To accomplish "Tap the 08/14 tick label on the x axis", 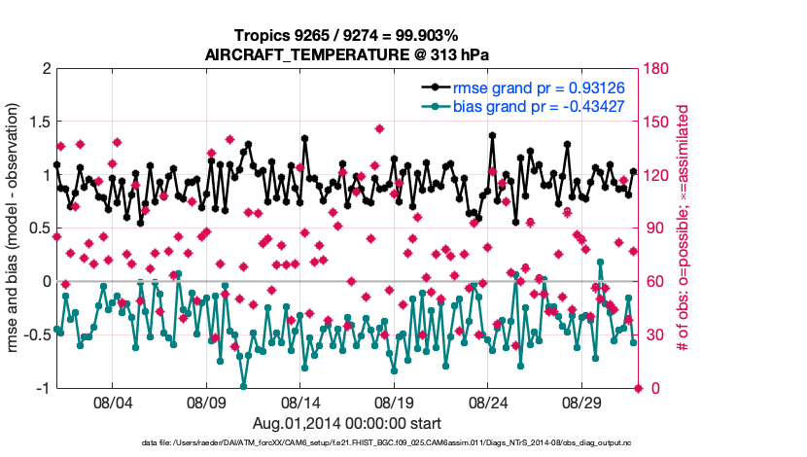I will pos(300,403).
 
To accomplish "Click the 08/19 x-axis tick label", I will pos(395,403).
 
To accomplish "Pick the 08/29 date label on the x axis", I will pos(584,403).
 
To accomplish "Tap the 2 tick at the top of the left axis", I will pos(45,69).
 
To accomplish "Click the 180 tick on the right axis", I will pos(656,69).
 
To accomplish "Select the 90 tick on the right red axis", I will pos(652,228).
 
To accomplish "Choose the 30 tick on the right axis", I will pos(652,335).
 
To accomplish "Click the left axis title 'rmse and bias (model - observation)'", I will pos(17,228).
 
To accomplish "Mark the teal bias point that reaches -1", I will pos(243,387).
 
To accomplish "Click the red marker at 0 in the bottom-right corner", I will pos(638,388).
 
